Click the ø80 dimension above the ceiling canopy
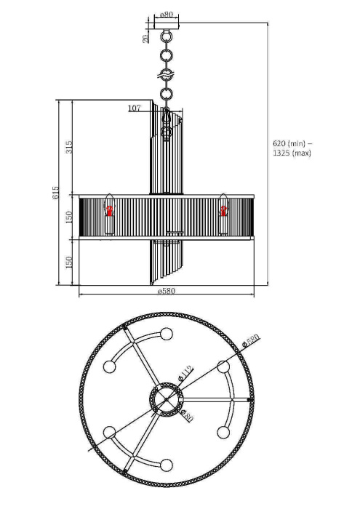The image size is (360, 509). click(167, 15)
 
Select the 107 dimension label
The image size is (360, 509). click(134, 109)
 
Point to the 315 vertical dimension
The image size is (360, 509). click(70, 147)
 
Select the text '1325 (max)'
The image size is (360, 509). click(292, 153)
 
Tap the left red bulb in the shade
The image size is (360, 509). click(110, 212)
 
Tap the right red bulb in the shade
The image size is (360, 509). click(224, 212)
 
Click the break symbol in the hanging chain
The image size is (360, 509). click(167, 75)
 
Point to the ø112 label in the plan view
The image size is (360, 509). click(185, 374)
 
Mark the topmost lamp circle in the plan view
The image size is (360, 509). click(167, 334)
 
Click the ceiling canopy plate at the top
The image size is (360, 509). click(167, 28)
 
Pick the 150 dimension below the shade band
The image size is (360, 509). click(70, 262)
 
